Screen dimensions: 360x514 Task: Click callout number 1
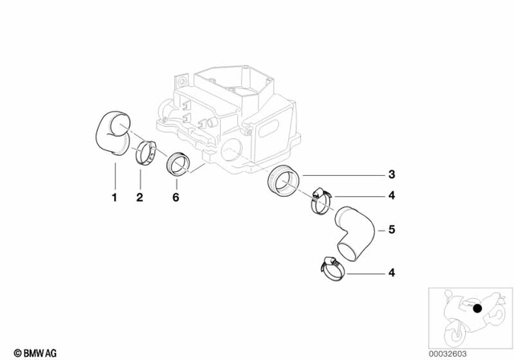pos(114,196)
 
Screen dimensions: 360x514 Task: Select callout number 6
pos(176,196)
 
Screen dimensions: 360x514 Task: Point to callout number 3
pos(391,174)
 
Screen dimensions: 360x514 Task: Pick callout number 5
pos(391,230)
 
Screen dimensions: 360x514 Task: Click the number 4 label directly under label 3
pos(391,195)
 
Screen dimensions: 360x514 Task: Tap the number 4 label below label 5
pos(391,274)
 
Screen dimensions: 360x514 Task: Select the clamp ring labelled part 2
pos(145,152)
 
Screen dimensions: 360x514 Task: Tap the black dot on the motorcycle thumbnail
pos(477,308)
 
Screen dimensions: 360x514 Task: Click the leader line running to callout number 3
pos(337,174)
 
